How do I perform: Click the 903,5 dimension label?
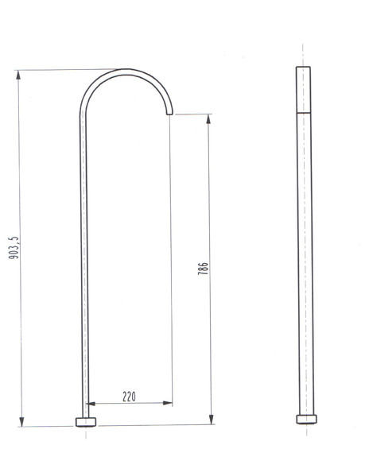click(14, 248)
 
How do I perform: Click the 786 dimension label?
click(203, 269)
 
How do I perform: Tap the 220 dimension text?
click(129, 397)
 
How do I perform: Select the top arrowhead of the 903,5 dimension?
click(18, 75)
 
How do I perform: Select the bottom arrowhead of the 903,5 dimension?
click(21, 421)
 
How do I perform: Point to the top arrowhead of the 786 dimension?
click(208, 119)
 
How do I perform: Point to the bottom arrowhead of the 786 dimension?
click(212, 420)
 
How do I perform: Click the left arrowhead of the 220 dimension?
click(91, 404)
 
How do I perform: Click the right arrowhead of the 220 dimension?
click(168, 403)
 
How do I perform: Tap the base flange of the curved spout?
click(86, 422)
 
